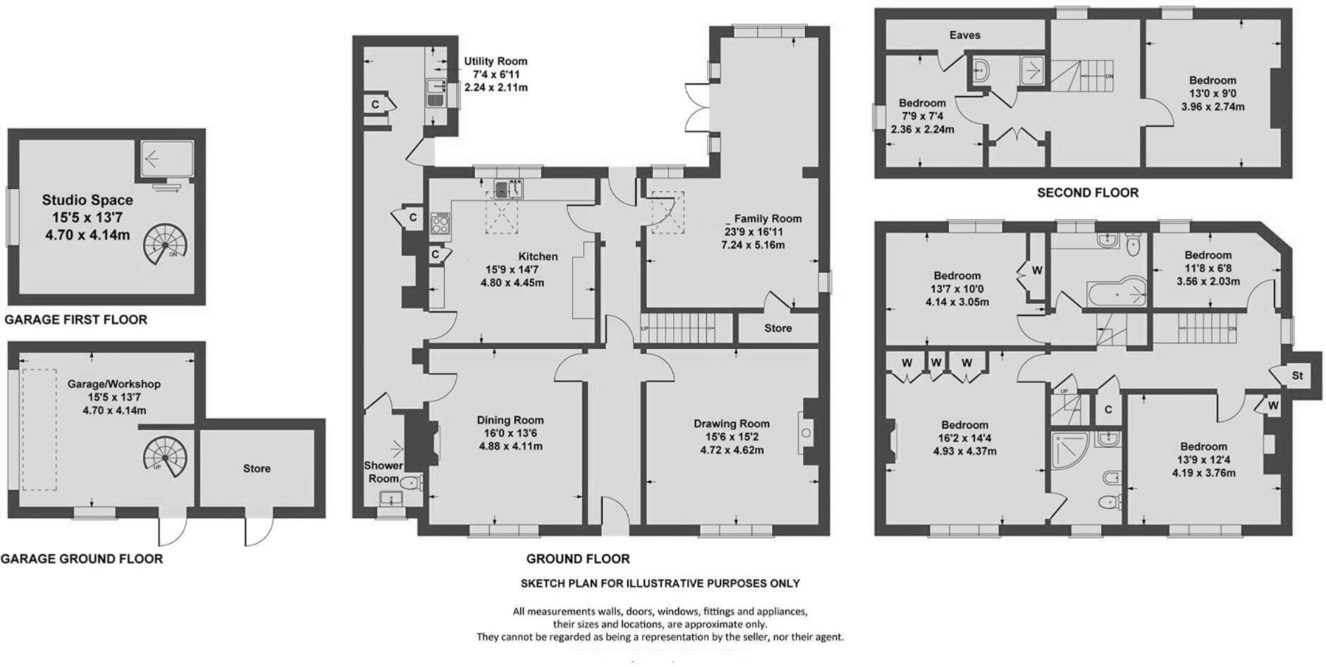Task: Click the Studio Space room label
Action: click(x=87, y=200)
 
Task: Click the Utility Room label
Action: click(x=496, y=61)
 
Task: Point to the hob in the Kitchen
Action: click(x=441, y=223)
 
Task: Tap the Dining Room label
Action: click(x=510, y=420)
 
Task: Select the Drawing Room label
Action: click(x=731, y=424)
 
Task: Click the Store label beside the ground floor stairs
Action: click(x=778, y=328)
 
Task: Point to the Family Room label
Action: click(x=768, y=219)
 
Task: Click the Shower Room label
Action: click(x=383, y=472)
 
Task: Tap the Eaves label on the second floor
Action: click(x=964, y=35)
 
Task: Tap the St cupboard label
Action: click(x=1298, y=376)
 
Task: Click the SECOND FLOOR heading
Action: click(x=1087, y=192)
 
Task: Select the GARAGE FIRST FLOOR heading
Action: click(x=76, y=320)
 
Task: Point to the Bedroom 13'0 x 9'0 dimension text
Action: click(x=1213, y=94)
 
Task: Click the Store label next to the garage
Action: click(x=257, y=468)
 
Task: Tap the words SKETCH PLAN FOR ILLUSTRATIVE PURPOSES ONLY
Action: click(x=660, y=584)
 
